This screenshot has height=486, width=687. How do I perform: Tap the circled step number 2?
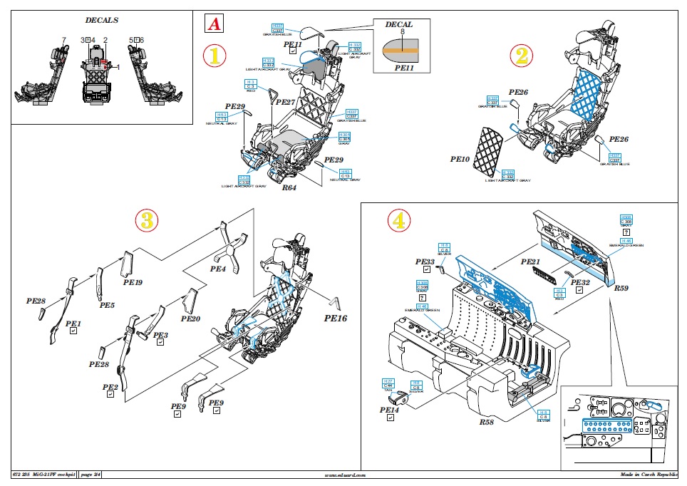(522, 56)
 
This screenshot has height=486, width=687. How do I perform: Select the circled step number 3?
(145, 220)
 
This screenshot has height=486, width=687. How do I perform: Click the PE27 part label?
(285, 103)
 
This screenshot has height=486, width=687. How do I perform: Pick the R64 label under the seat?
(289, 189)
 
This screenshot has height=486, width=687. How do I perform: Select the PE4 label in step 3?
(217, 271)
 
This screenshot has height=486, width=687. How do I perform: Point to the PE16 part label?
(335, 319)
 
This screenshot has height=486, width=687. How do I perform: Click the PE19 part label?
(133, 282)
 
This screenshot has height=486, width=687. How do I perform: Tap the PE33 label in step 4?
(425, 262)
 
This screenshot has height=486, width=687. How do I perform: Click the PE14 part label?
(389, 410)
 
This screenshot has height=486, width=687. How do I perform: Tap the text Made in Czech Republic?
(649, 475)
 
